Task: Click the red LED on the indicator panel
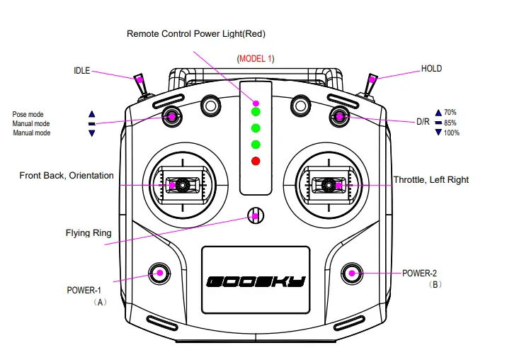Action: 256,161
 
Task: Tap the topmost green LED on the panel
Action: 256,112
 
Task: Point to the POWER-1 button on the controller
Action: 159,272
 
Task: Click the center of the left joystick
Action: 181,185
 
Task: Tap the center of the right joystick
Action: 329,185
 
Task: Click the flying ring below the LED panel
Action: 256,215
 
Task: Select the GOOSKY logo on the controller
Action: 256,281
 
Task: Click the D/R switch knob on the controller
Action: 339,116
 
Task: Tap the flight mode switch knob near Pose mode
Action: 171,116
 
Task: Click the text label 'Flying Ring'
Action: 89,232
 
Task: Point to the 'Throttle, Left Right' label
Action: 431,180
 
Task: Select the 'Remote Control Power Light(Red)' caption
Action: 196,33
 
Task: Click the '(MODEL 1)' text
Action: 256,58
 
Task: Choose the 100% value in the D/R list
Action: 451,133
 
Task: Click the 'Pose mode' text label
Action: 28,114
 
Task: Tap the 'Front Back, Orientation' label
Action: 67,175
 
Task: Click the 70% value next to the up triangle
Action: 450,113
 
